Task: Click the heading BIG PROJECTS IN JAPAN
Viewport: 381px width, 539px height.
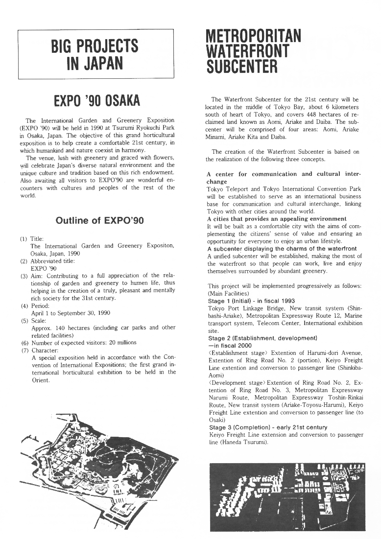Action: pos(95,54)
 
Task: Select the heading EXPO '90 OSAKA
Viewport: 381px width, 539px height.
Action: pos(96,101)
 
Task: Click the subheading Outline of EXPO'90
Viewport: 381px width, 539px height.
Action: pos(99,220)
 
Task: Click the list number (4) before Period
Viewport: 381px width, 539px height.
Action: pos(24,306)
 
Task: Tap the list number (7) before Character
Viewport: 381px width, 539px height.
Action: pos(24,350)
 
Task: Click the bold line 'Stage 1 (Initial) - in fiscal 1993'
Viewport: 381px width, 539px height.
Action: pos(252,301)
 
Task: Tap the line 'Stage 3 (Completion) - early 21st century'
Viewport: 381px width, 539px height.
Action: pos(268,427)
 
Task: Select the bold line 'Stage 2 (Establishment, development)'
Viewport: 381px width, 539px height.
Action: pos(262,338)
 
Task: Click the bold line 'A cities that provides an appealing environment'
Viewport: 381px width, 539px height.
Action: pos(277,219)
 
